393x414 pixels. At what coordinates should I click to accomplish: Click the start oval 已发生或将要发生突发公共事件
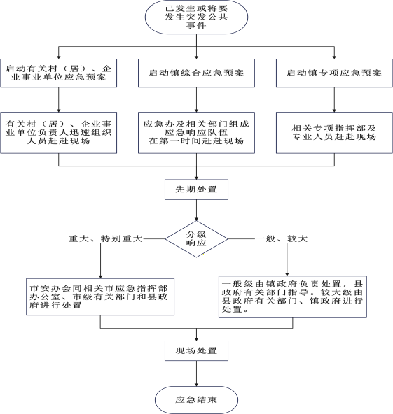pos(196,17)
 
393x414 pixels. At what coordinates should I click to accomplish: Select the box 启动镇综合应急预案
pos(196,73)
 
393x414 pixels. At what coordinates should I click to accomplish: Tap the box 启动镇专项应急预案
pos(334,73)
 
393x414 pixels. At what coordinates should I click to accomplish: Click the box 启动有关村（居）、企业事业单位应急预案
pos(58,73)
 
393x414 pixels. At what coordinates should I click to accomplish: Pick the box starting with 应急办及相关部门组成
pos(196,133)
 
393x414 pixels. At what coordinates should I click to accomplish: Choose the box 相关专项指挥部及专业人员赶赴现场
pos(334,133)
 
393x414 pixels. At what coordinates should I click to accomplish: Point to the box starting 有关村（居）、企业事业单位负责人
pos(58,133)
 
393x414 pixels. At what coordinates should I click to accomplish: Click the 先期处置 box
pos(196,190)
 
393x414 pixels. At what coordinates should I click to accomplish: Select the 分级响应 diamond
pos(196,239)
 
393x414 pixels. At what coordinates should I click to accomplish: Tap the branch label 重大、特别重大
pos(106,239)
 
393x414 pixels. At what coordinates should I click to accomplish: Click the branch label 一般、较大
pos(282,239)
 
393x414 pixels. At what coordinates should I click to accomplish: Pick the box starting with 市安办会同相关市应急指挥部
pos(100,297)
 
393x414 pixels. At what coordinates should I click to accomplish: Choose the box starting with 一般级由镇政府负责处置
pos(293,297)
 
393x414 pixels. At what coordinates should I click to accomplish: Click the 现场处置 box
pos(196,350)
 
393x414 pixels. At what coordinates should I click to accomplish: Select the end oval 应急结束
pos(196,400)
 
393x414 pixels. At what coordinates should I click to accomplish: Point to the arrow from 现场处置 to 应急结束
pos(196,373)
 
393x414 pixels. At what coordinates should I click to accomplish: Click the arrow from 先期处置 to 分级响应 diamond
pos(196,210)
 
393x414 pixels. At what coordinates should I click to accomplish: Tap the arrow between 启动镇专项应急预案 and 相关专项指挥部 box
pos(334,100)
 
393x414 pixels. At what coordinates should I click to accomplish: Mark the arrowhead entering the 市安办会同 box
pos(100,276)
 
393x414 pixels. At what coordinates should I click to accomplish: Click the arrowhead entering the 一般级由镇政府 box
pos(287,274)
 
